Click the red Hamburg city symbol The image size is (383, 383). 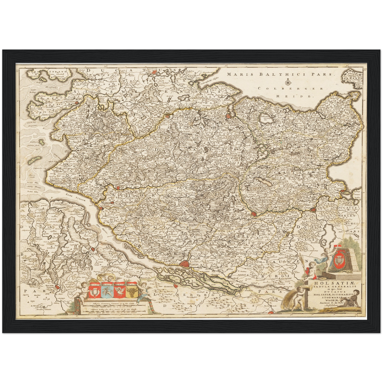tap(184, 263)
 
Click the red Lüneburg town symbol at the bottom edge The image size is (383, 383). tap(271, 313)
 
